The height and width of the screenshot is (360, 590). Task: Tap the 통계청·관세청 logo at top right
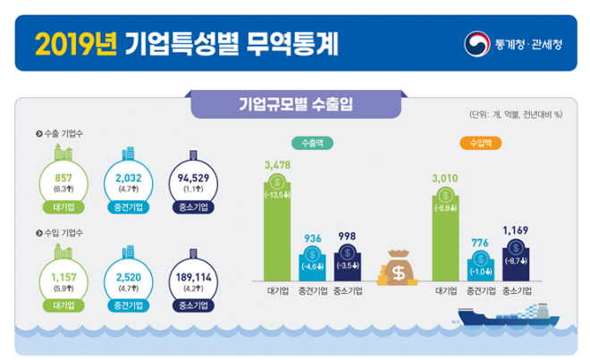tap(513, 42)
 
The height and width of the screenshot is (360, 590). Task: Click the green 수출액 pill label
tap(311, 143)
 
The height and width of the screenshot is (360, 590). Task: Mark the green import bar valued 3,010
tap(444, 232)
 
